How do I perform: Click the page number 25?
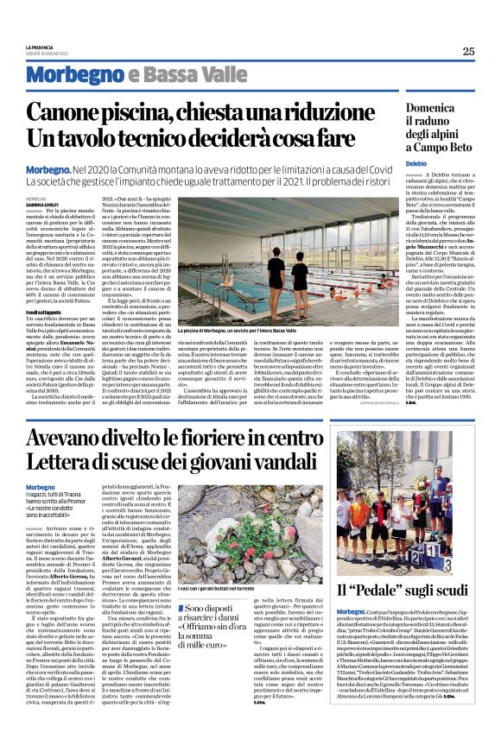point(468,51)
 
